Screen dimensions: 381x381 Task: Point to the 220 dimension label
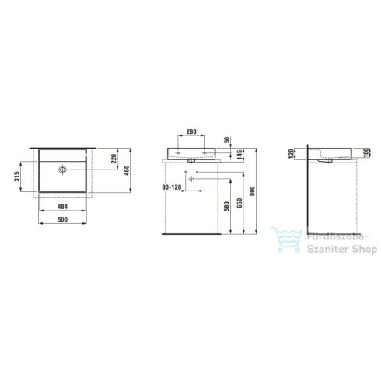tap(114, 162)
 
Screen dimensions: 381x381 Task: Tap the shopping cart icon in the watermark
tap(281, 240)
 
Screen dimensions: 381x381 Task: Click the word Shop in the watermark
tap(360, 249)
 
